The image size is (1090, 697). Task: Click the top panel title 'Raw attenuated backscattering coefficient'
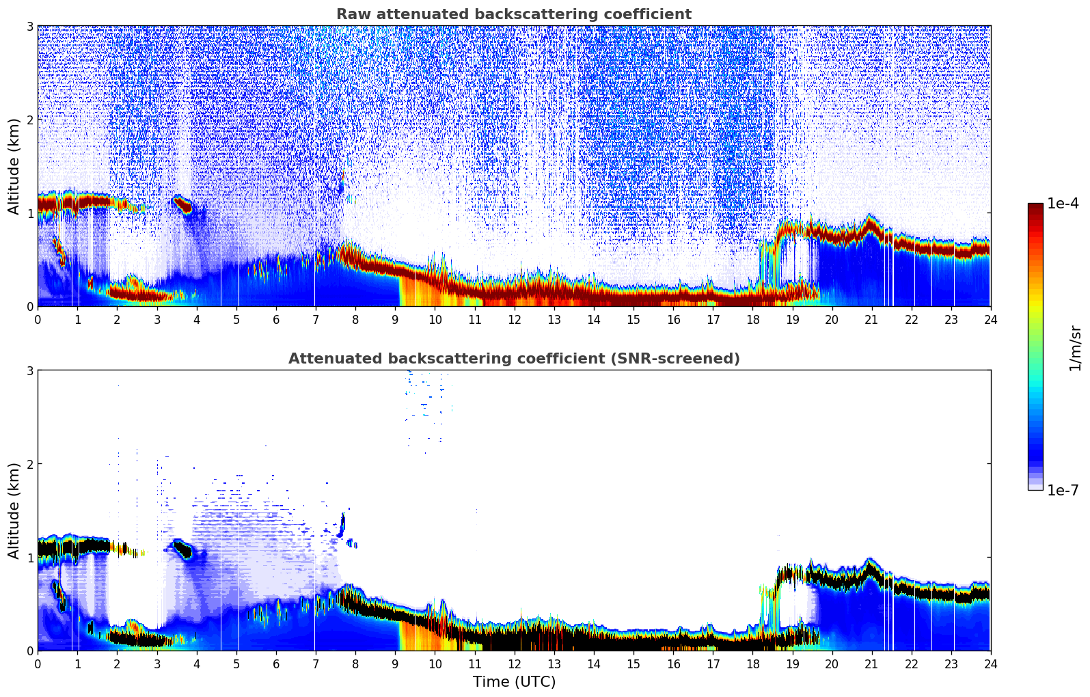(513, 14)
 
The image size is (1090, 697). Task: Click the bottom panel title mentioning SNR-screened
(513, 359)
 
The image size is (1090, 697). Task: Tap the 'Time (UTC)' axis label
(514, 681)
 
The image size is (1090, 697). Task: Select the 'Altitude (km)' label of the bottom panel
(14, 510)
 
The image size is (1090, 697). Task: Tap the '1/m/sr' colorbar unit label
(1075, 348)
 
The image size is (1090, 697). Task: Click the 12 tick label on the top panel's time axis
(514, 319)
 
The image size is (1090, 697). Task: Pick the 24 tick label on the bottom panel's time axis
(990, 664)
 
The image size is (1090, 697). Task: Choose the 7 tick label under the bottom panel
(315, 664)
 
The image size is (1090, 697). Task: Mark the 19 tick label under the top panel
(792, 319)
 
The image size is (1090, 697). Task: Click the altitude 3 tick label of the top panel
(30, 26)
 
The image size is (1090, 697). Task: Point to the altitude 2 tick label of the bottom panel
(30, 464)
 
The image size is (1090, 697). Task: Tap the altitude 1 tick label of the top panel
(30, 213)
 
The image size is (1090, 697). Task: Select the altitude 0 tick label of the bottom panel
(30, 651)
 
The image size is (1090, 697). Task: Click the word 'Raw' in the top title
(351, 14)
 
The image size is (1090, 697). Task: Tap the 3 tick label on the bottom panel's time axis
(156, 664)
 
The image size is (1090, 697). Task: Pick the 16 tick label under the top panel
(673, 319)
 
